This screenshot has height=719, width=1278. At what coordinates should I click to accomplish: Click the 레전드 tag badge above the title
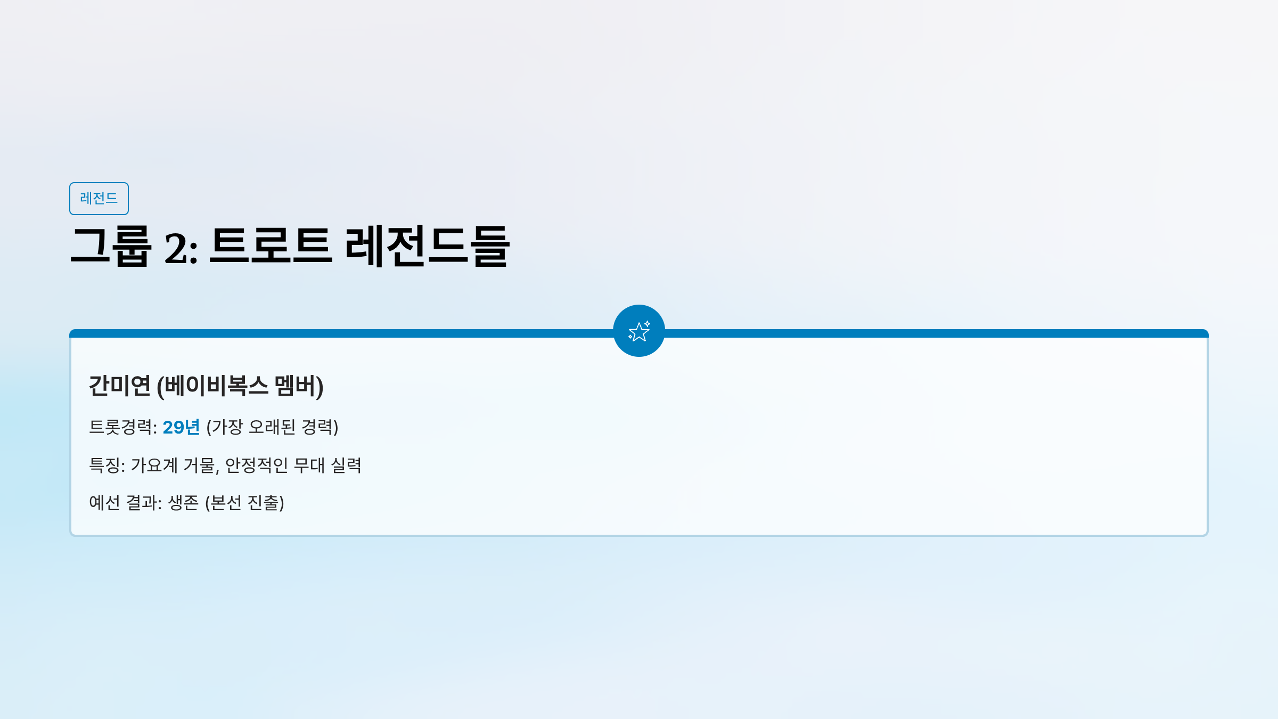coord(99,199)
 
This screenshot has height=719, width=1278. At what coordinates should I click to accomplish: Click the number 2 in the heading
coord(176,248)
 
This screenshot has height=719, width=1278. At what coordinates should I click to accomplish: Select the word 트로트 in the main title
coord(271,246)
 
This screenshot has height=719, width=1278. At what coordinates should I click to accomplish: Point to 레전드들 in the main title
coord(428,246)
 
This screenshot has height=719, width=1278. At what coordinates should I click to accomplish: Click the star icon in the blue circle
coord(639,331)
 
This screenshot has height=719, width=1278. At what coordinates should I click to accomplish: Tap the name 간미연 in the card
coord(120,386)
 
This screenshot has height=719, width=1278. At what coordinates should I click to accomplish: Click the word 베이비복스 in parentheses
coord(216,386)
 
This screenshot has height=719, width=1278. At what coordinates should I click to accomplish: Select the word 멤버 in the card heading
coord(296,386)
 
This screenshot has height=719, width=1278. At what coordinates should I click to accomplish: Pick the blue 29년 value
coord(181,427)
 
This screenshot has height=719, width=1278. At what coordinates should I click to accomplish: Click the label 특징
coord(104,465)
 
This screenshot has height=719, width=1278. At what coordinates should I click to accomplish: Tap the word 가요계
coord(154,465)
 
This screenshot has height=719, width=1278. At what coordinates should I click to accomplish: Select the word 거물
coord(199,465)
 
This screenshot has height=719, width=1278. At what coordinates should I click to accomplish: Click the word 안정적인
coord(257,465)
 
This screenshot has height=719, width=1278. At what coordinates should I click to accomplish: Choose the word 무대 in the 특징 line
coord(309,465)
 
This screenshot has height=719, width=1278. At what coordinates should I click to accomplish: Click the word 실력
coord(346,465)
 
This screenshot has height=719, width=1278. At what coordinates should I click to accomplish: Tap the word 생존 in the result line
coord(183,503)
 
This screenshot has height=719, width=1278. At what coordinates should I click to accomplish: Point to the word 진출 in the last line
coord(264,503)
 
